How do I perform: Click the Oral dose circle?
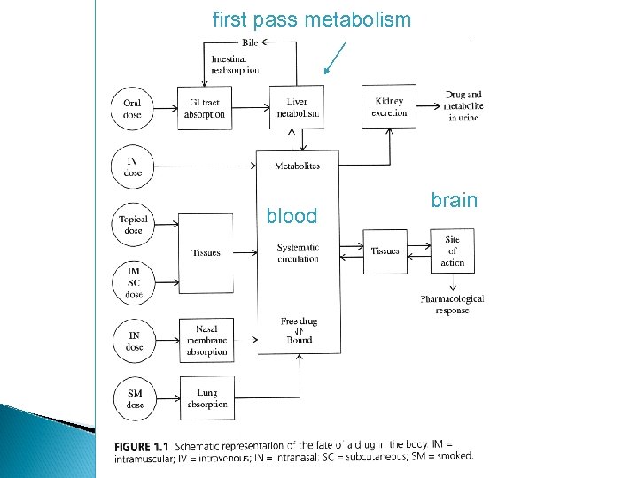133,108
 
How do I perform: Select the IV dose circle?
133,166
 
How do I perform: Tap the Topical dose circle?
133,224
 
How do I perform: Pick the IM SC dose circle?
133,282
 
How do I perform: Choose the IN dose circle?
133,341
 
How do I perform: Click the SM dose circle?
133,398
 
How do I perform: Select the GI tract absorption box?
206,108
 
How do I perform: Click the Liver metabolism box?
297,107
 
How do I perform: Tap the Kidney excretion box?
389,107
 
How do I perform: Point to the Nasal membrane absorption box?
206,340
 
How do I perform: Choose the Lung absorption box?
206,398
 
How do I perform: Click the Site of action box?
452,251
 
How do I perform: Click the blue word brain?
454,200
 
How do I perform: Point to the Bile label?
252,43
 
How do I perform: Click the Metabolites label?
297,166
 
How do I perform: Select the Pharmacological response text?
452,305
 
